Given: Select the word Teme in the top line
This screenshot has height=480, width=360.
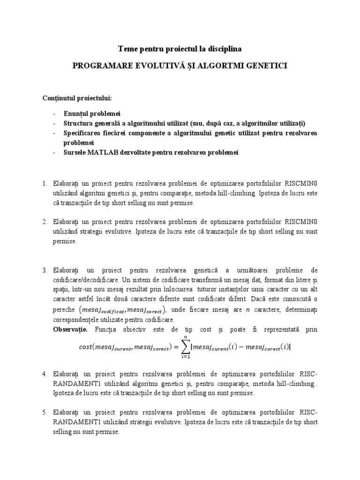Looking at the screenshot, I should click(127, 48).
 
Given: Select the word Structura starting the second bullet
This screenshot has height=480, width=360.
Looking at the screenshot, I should click(79, 123).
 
